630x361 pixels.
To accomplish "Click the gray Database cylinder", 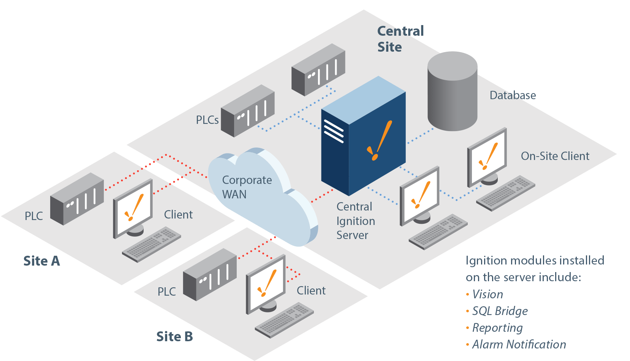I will point(452,93).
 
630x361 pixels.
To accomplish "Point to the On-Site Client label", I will point(555,156).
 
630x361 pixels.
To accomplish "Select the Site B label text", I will point(174,336).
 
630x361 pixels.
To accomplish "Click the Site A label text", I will point(41,261).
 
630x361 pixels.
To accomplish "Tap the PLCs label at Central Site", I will point(207,120).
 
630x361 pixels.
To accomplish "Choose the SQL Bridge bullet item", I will point(499,311).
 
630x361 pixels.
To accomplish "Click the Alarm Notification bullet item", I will point(519,344).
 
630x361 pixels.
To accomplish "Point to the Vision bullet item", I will point(488,294).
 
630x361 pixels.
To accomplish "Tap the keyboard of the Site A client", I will point(151,244).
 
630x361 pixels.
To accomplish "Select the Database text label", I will point(513,95).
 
